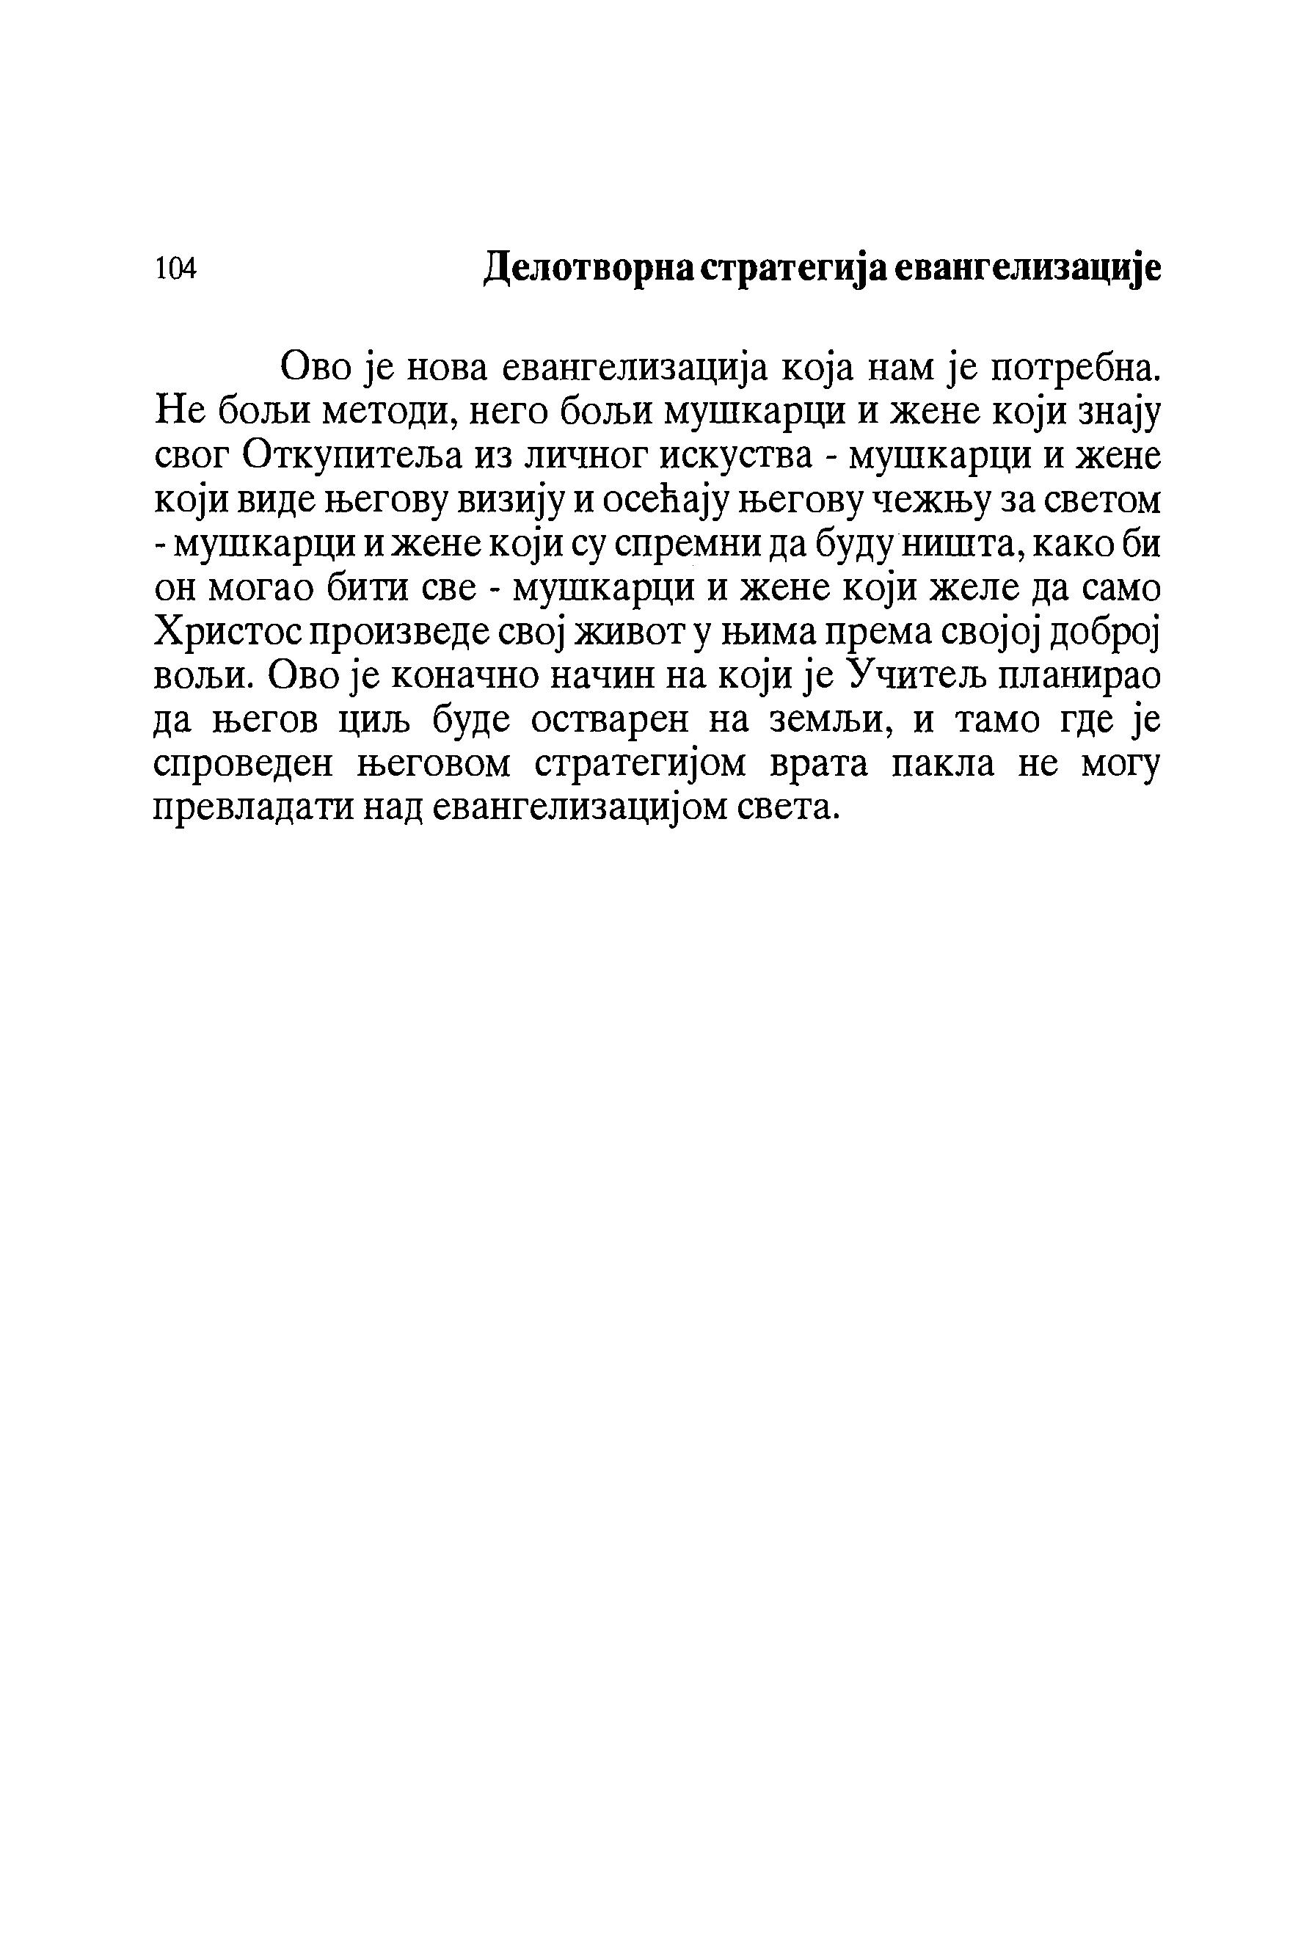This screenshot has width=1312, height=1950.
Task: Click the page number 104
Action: pos(175,269)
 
